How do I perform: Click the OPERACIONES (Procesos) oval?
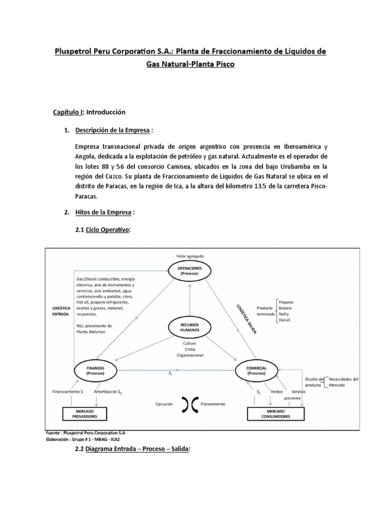pyautogui.click(x=189, y=270)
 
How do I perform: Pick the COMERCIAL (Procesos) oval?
pyautogui.click(x=256, y=370)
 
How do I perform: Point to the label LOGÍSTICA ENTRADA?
pyautogui.click(x=61, y=311)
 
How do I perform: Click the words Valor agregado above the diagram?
pyautogui.click(x=190, y=256)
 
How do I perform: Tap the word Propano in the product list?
pyautogui.click(x=286, y=302)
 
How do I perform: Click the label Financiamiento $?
pyautogui.click(x=67, y=391)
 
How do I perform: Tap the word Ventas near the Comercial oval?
pyautogui.click(x=277, y=391)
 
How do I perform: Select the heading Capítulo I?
pyautogui.click(x=68, y=112)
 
